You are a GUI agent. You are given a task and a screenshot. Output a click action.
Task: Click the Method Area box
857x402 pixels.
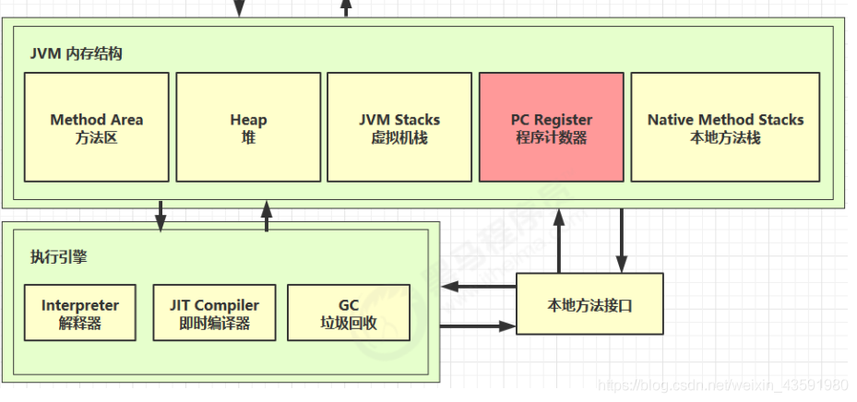(x=96, y=127)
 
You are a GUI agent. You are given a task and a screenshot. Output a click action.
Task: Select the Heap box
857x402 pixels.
(x=248, y=127)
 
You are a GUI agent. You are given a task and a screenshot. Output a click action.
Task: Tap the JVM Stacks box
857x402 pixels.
(x=399, y=127)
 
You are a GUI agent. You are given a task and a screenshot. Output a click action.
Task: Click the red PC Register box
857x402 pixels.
(x=551, y=127)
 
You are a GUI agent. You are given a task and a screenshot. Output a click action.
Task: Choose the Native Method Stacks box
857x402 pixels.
(x=725, y=127)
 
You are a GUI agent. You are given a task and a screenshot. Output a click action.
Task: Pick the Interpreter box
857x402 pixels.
(x=80, y=314)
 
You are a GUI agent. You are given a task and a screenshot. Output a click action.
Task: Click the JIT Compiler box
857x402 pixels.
(x=214, y=314)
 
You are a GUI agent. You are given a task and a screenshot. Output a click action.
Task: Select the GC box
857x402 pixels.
(x=349, y=314)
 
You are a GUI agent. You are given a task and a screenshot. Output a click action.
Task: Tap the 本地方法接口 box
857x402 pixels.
(x=589, y=304)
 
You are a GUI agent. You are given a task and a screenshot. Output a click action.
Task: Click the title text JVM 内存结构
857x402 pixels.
(x=76, y=53)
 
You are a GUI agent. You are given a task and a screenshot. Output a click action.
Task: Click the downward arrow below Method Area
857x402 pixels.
(x=161, y=216)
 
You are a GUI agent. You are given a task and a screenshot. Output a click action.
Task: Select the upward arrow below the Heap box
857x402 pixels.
(x=267, y=216)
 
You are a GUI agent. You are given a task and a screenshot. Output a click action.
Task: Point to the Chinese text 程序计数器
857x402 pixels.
(x=552, y=138)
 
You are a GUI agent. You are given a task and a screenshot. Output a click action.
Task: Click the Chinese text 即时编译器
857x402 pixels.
(x=214, y=325)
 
